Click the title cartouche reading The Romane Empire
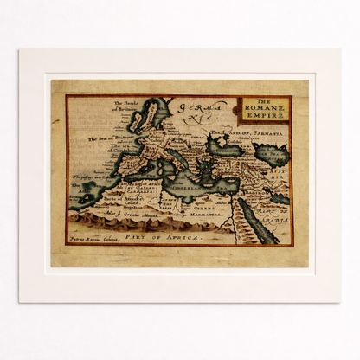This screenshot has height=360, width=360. coord(264,109)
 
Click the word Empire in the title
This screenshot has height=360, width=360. coord(264,115)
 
